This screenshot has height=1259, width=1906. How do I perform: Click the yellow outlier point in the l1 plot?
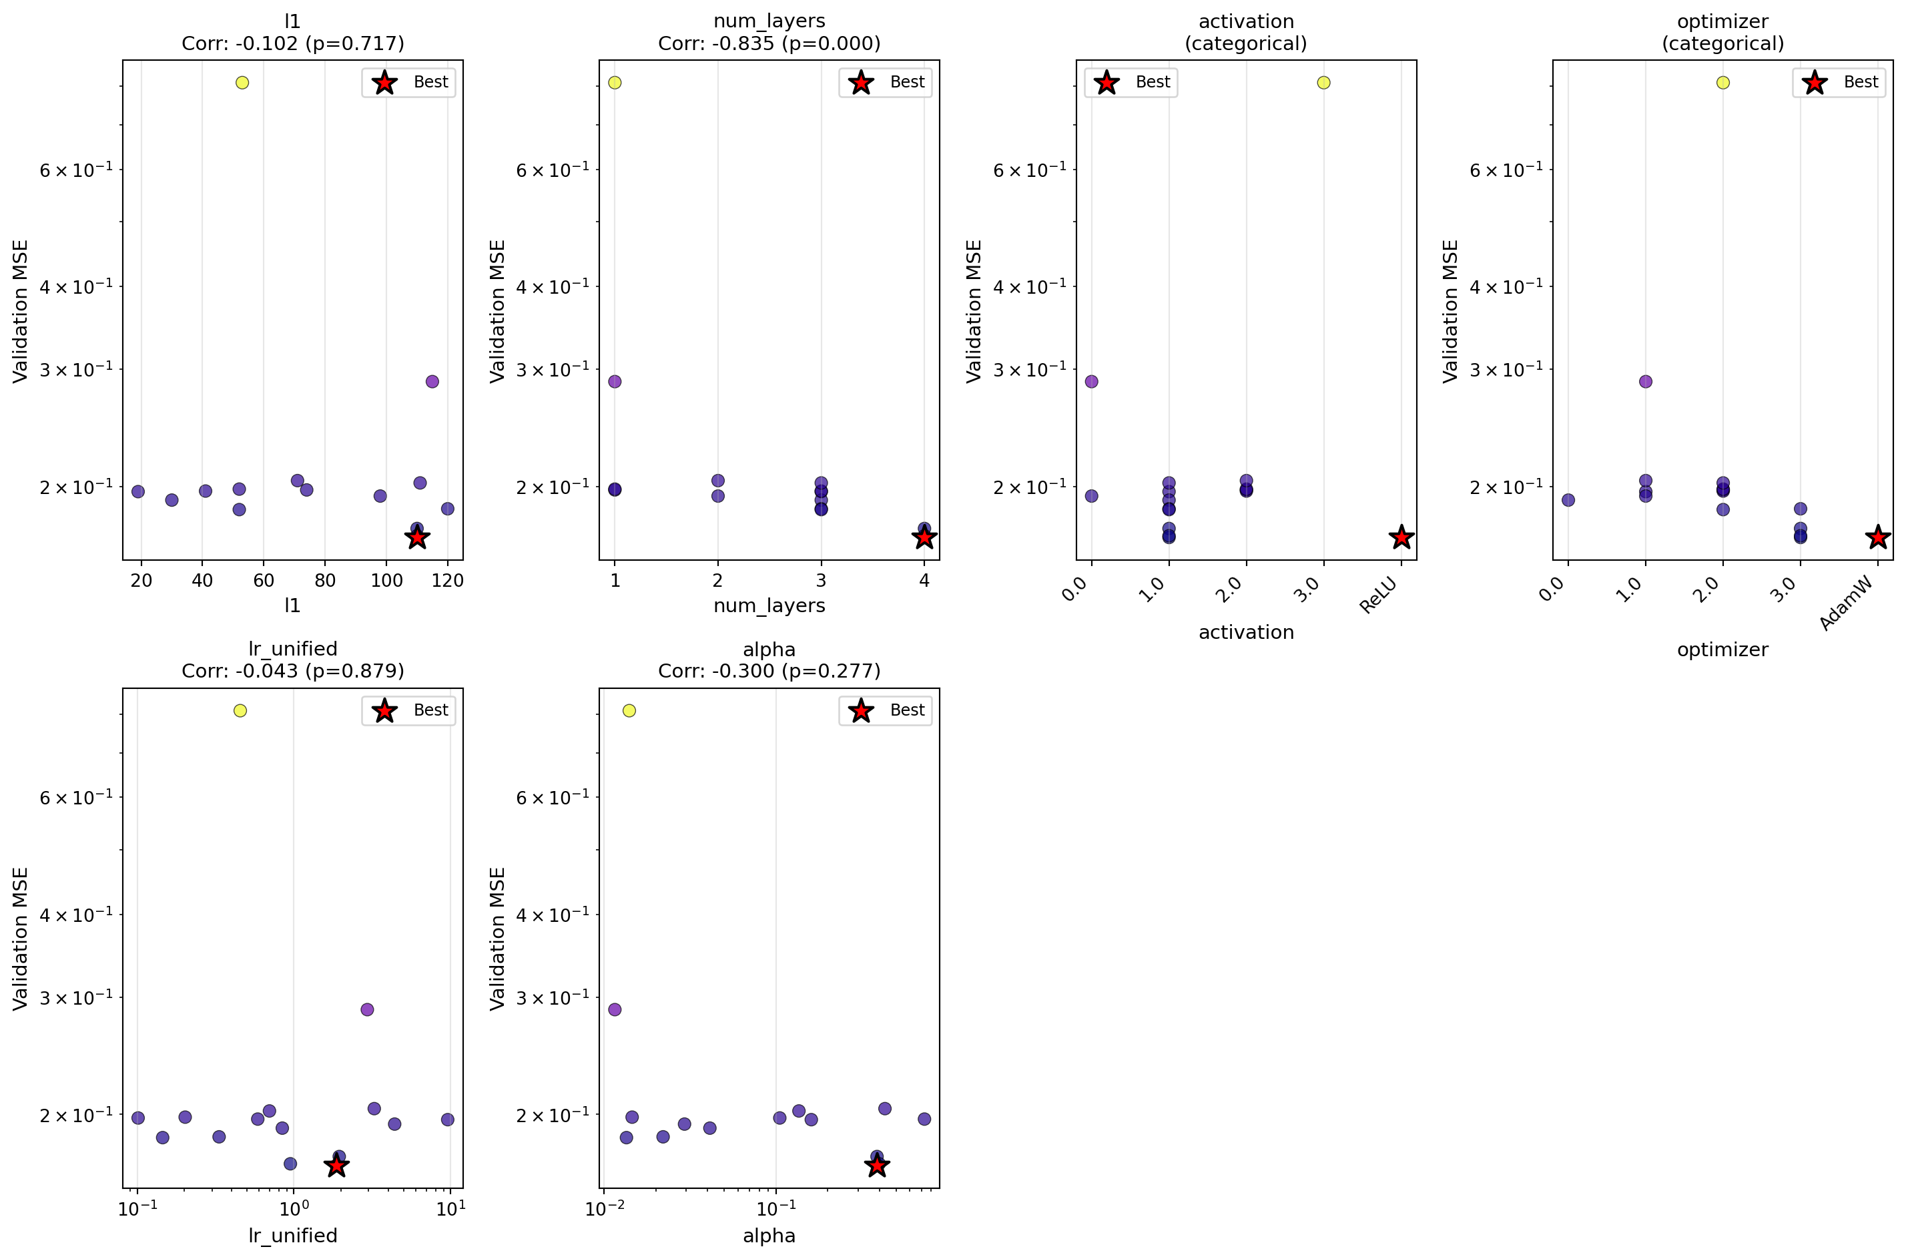[x=242, y=83]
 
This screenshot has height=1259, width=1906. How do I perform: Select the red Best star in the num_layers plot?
[x=924, y=537]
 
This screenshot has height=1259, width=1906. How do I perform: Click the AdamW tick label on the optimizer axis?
[x=1847, y=604]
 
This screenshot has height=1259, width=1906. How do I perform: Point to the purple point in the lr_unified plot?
[x=367, y=1009]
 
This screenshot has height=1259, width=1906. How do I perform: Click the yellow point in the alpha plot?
[x=629, y=710]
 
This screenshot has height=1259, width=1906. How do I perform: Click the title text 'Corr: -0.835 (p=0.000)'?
[x=769, y=43]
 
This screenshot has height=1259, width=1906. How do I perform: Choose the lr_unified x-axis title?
[x=293, y=1236]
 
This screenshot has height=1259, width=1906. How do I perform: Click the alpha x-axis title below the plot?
[x=769, y=1236]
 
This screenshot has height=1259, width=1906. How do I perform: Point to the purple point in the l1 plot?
[x=432, y=381]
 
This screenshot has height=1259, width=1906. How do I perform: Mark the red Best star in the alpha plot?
[x=877, y=1165]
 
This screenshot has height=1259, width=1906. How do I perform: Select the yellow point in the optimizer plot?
[x=1722, y=83]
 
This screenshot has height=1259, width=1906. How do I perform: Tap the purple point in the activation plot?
[x=1090, y=381]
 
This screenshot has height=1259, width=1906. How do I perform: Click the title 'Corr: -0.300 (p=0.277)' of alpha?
[x=769, y=672]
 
